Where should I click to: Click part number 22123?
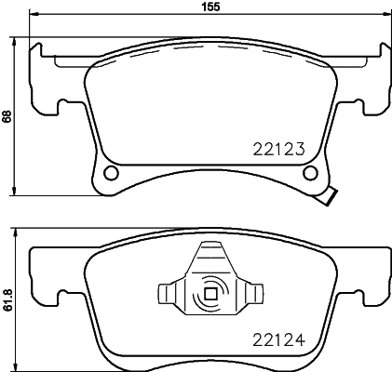[280, 146]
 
